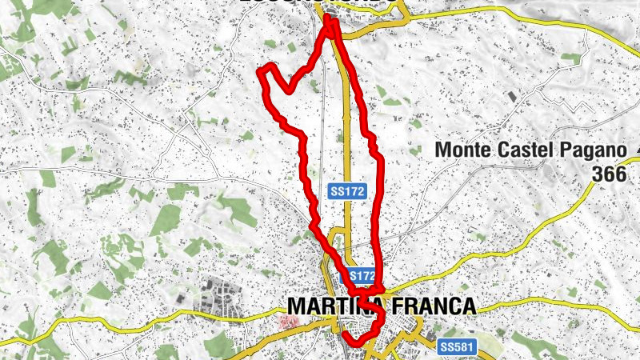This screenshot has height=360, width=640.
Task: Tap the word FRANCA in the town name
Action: (x=430, y=306)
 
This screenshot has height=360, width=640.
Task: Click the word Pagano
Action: (x=590, y=150)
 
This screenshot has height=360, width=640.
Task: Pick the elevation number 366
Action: (x=609, y=173)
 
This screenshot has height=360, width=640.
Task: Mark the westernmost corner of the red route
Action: (x=259, y=74)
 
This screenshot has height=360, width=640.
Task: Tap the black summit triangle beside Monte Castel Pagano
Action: (x=637, y=150)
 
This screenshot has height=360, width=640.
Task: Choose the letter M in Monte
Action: (x=442, y=150)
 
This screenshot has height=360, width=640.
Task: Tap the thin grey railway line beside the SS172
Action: (x=324, y=120)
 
